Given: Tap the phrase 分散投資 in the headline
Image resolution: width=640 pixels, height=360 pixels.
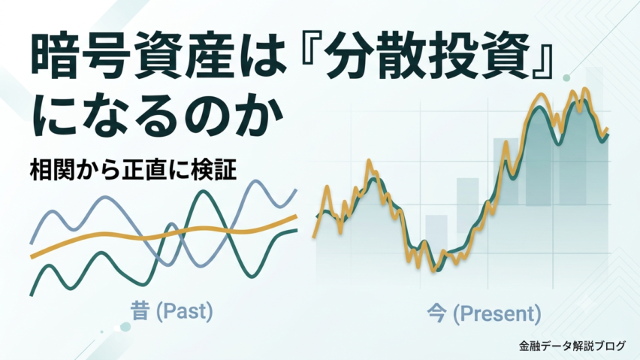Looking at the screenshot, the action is point(427,58).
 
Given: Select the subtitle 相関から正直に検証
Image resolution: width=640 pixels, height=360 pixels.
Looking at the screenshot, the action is point(133,170).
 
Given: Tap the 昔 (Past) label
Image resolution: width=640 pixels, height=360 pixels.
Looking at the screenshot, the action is point(172,311).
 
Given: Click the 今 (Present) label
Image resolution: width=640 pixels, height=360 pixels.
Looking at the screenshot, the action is point(484,313).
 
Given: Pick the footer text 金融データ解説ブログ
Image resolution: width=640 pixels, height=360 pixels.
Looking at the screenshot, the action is point(572,346).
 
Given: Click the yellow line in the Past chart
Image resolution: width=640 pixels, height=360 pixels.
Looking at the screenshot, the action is point(163,235).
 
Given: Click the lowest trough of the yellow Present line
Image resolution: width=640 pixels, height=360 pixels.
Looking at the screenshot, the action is point(433,271).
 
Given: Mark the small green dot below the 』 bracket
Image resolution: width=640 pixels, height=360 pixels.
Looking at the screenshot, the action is point(566,77).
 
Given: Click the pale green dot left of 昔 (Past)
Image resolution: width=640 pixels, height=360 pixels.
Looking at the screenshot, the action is point(125,326).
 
